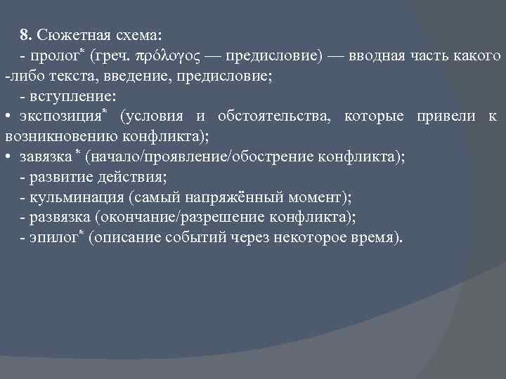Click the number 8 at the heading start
pyautogui.click(x=24, y=34)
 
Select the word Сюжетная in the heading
pyautogui.click(x=67, y=34)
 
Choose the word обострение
pyautogui.click(x=266, y=157)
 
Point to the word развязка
pyautogui.click(x=60, y=218)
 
